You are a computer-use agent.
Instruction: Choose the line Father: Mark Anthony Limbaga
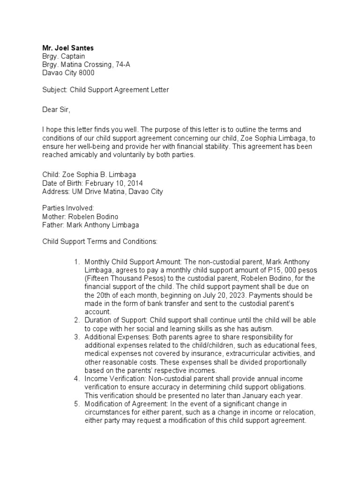tap(90, 225)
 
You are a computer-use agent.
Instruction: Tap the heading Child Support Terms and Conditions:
tap(100, 241)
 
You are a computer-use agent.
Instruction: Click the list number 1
tap(77, 262)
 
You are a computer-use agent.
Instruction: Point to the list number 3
tap(77, 337)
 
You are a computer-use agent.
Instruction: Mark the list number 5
tap(77, 404)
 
